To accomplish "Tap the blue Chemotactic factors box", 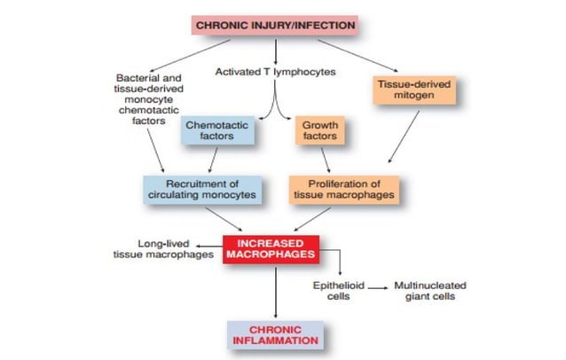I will click(x=216, y=131).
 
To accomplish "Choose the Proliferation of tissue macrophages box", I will click(x=342, y=188).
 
